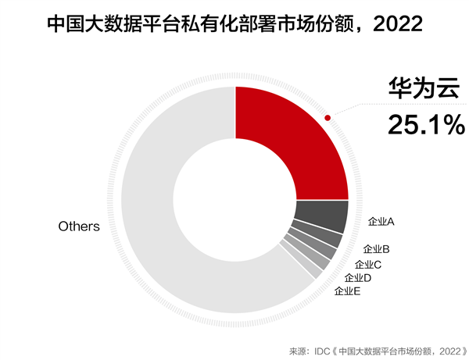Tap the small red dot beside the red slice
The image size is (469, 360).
click(328, 119)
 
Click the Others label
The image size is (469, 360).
click(79, 226)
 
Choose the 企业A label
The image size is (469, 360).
click(381, 222)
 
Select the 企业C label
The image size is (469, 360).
click(368, 264)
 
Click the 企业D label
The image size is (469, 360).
click(357, 277)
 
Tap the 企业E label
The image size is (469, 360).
click(347, 291)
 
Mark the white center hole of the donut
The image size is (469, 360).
click(234, 198)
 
